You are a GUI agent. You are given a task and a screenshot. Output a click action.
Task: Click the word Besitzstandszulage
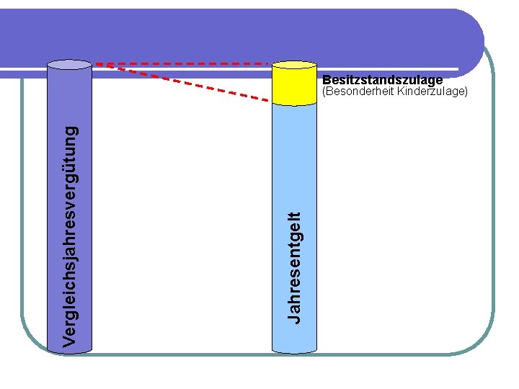[x=382, y=80]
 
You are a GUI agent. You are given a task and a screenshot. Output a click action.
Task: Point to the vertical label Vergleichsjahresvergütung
[x=70, y=235]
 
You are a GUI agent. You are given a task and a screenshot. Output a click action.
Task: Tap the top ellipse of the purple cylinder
[x=69, y=63]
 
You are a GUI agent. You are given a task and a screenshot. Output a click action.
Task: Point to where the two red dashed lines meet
[x=99, y=64]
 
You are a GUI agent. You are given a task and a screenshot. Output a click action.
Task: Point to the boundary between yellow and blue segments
[x=295, y=104]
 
